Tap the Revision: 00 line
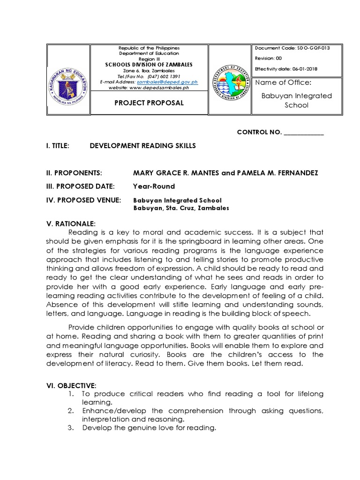point(269,59)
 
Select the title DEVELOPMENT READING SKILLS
point(142,146)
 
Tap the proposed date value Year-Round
point(154,186)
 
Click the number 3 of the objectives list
point(70,427)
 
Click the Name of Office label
point(283,82)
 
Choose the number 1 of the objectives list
point(70,394)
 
